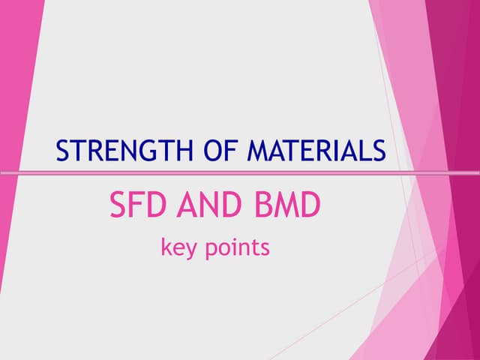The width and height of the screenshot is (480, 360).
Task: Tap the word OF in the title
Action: [219, 151]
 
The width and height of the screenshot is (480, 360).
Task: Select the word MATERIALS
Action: [316, 151]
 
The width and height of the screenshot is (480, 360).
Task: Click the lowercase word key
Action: [177, 247]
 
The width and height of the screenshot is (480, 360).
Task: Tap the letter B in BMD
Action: [261, 205]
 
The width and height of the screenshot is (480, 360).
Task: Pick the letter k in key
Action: [166, 247]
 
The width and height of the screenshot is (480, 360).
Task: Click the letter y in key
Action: [189, 250]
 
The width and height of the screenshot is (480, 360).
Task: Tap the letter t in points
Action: [257, 247]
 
